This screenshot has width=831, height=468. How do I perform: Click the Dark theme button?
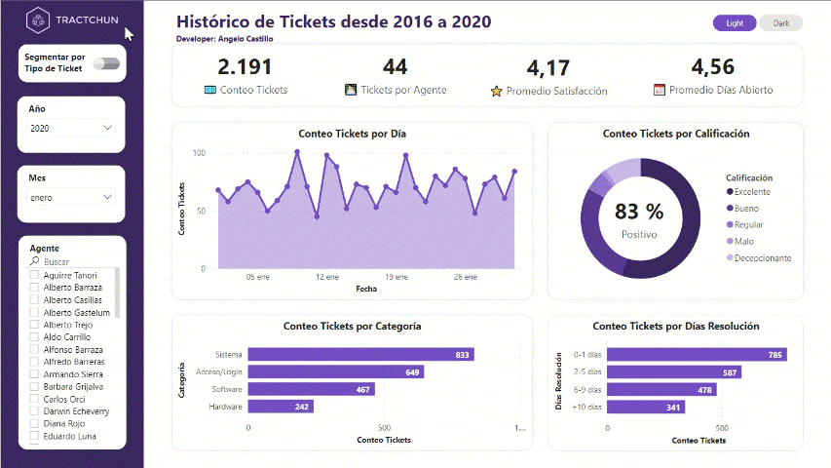[x=781, y=23]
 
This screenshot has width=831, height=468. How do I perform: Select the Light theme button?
[x=735, y=23]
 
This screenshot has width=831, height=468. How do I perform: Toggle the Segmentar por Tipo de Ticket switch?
[x=106, y=63]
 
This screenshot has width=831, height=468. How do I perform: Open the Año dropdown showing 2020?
[x=72, y=128]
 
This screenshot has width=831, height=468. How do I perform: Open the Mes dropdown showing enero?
[x=72, y=197]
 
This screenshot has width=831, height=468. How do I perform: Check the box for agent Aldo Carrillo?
[x=35, y=336]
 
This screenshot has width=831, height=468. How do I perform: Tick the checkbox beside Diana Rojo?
[x=35, y=424]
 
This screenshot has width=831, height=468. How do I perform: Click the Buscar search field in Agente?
[x=73, y=262]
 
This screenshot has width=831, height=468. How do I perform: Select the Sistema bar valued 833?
[x=360, y=355]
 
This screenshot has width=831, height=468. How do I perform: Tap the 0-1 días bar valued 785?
[x=697, y=355]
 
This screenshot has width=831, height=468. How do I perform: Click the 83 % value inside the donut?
[x=639, y=212]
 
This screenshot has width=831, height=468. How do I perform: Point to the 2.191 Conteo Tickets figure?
[x=246, y=67]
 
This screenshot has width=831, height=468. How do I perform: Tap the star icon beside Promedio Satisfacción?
[x=497, y=91]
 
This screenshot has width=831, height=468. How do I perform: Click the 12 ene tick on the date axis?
[x=327, y=277]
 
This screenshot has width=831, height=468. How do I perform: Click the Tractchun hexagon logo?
[x=38, y=20]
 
